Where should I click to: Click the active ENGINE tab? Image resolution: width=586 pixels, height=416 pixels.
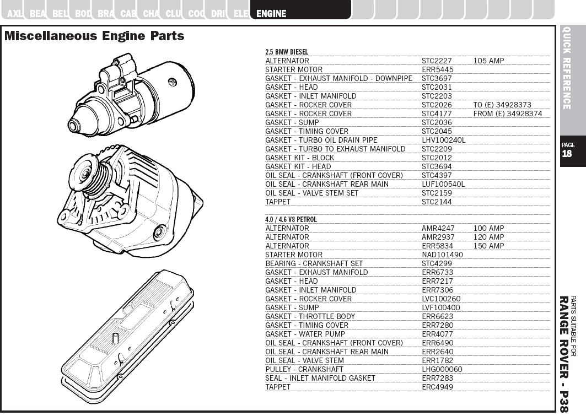(271, 13)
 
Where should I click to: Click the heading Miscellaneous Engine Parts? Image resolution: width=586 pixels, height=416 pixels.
(94, 36)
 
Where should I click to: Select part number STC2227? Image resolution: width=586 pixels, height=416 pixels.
(437, 61)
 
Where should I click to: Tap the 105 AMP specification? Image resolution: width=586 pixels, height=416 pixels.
(488, 61)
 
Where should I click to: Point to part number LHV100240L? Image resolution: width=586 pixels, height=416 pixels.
(443, 140)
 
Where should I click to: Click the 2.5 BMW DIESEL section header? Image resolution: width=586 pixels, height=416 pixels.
(287, 52)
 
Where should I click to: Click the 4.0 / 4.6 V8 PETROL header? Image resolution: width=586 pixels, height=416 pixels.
(291, 219)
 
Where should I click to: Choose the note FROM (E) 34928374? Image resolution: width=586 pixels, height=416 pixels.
(507, 114)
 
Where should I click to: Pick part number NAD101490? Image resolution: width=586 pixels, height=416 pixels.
(442, 255)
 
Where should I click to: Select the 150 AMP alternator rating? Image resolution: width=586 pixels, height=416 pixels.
(488, 246)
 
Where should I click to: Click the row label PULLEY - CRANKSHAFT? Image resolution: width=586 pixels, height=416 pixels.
(304, 369)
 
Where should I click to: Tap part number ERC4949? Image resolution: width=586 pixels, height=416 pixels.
(437, 387)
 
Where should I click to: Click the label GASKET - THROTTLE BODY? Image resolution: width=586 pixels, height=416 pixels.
(310, 316)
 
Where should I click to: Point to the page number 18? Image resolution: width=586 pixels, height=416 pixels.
(567, 154)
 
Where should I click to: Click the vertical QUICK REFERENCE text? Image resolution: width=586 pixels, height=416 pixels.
(567, 68)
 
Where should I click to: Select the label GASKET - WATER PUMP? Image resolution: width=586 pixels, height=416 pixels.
(305, 334)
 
